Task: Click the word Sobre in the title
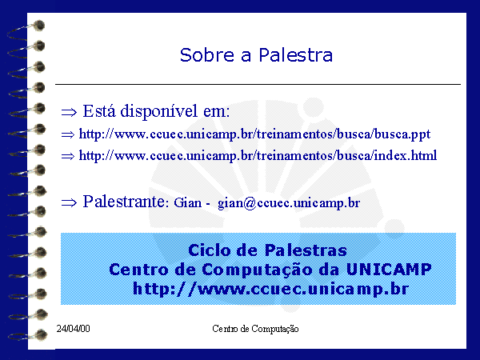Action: point(207,55)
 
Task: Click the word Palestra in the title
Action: point(296,55)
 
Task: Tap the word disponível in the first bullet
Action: point(159,111)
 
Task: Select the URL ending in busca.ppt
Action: point(254,134)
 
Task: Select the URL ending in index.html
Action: point(258,156)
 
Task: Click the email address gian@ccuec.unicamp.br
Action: point(289,203)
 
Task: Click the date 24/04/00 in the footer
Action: point(73,329)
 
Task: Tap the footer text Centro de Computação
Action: point(255,329)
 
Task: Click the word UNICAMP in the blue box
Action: point(389,270)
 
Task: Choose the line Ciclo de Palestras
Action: point(267,250)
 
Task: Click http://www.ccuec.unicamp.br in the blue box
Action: point(270,289)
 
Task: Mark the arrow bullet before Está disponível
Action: point(69,112)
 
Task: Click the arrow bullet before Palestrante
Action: point(69,202)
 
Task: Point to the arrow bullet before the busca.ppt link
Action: point(68,134)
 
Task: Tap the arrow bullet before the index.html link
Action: point(68,157)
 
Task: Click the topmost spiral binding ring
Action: point(26,30)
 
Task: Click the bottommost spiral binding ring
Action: point(27,335)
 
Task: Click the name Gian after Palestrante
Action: point(188,202)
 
